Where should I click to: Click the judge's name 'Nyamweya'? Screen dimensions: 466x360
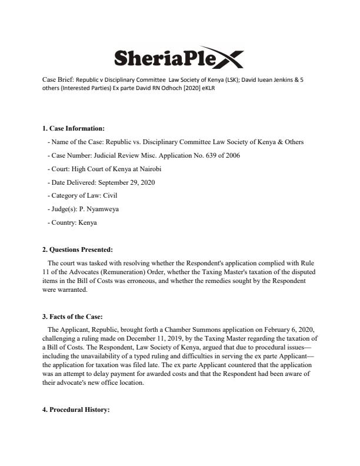[x=104, y=209]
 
